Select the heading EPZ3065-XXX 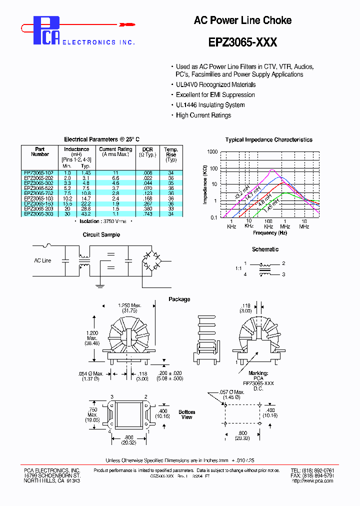tap(242, 43)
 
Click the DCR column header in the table tap(147, 149)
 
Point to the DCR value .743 tap(147, 214)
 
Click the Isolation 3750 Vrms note tap(106, 220)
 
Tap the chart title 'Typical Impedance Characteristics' tap(268, 140)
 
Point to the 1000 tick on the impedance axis tap(212, 152)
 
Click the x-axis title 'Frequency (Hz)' tap(269, 232)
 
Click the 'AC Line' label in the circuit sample tap(42, 260)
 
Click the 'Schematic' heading tap(265, 249)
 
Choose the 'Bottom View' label tap(187, 414)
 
